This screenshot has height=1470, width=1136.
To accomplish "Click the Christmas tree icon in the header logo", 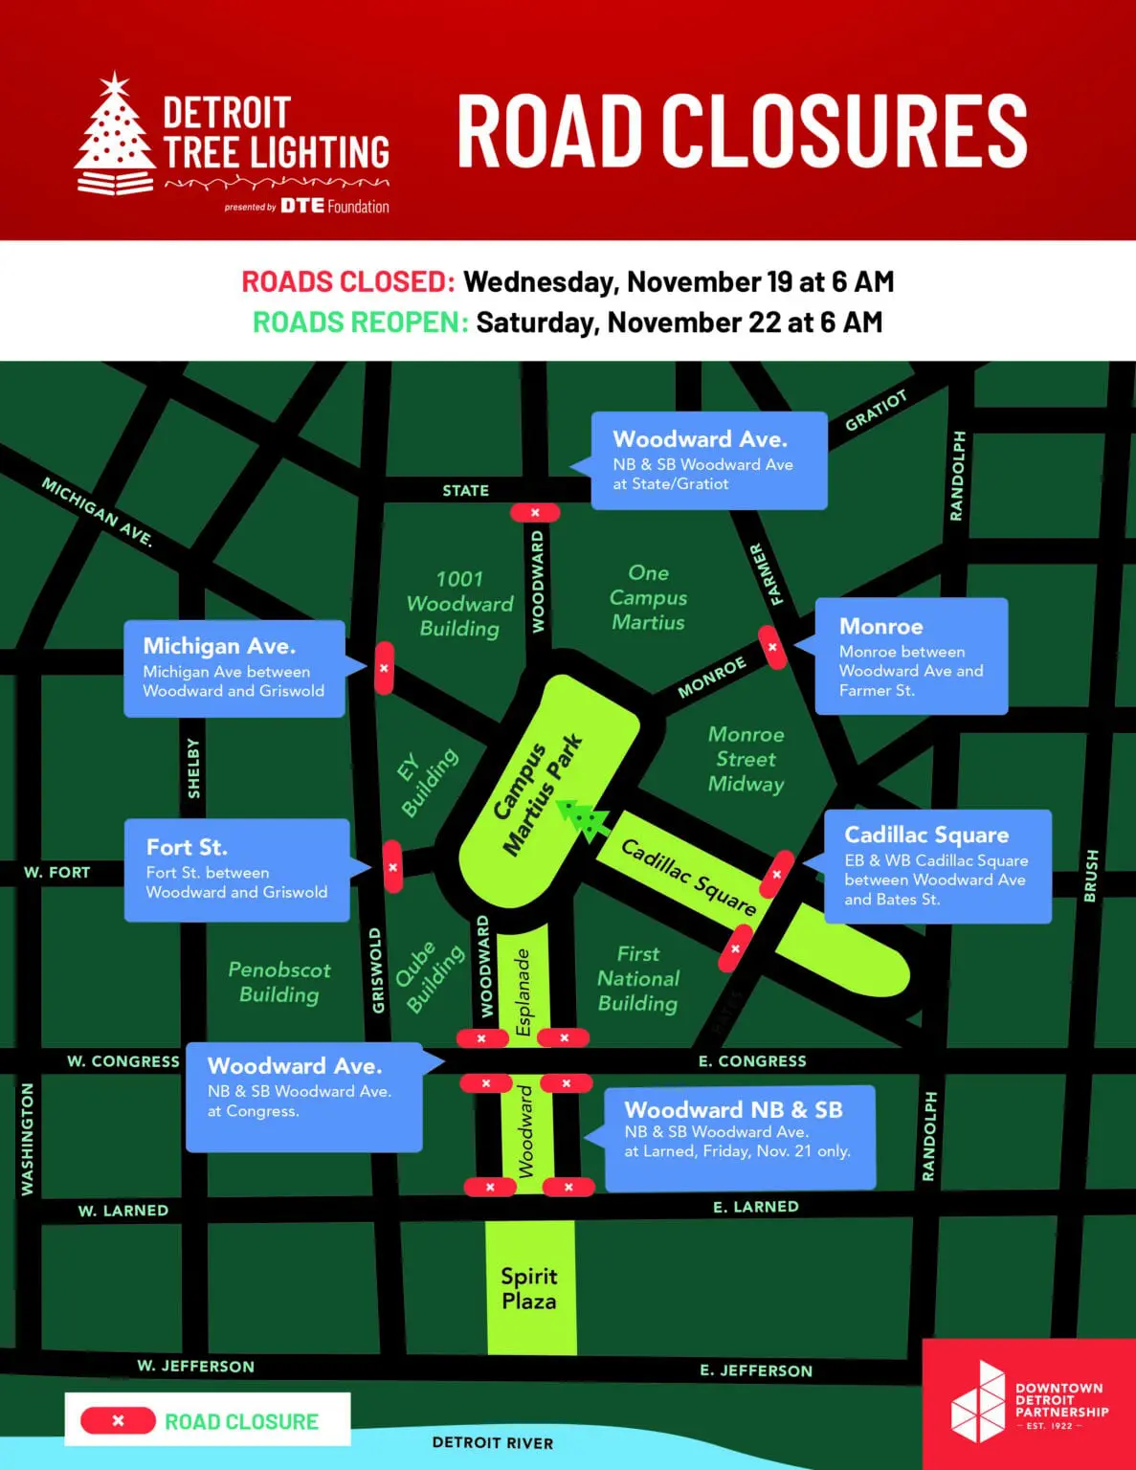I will point(115,134).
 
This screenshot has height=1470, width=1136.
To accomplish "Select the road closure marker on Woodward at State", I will point(535,513).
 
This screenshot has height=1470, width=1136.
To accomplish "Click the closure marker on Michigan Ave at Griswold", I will point(384,668).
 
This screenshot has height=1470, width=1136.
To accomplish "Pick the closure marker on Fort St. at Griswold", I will point(392,867).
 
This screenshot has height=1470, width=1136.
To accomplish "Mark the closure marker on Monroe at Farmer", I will point(772,647).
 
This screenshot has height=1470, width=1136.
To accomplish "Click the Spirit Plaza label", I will point(529,1288).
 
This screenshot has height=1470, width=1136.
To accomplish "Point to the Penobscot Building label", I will point(278,982).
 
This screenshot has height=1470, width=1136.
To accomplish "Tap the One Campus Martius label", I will point(648,597).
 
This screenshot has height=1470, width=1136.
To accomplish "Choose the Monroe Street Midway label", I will point(746,759).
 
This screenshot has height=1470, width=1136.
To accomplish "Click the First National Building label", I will point(637,978).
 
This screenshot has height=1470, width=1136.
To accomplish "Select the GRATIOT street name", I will point(876,411).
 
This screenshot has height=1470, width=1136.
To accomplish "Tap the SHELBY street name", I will point(194,768).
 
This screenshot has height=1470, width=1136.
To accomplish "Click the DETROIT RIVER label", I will point(492,1442).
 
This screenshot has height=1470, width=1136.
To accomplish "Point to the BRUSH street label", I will point(1091,875).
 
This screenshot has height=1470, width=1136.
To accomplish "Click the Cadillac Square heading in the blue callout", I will point(926,835).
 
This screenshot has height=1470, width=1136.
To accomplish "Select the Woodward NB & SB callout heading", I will point(733,1109).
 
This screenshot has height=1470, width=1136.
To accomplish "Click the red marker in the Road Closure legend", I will point(118,1421).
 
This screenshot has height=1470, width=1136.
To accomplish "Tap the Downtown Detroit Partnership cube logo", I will point(978,1401).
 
